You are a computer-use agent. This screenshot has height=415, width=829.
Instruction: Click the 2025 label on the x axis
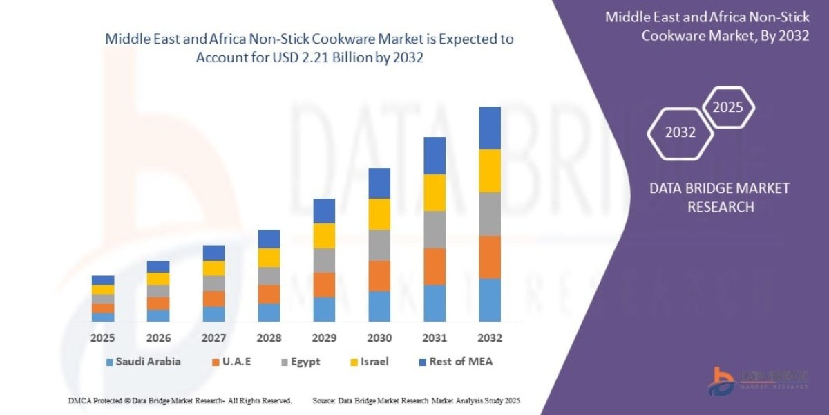[102, 338]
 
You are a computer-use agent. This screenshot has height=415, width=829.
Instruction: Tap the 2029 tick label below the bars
[324, 338]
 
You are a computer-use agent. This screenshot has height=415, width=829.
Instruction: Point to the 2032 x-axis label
[489, 338]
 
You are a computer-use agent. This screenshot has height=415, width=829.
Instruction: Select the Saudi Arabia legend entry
[143, 362]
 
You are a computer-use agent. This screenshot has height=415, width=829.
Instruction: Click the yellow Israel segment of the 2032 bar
[489, 171]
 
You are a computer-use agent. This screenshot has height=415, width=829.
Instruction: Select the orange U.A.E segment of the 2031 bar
[434, 266]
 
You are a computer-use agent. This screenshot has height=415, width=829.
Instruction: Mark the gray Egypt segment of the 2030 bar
[379, 245]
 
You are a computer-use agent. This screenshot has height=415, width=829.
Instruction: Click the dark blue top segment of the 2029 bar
[324, 210]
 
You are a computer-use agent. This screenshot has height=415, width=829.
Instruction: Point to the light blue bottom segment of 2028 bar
[269, 313]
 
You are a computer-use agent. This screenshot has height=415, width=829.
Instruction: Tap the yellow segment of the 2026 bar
[158, 279]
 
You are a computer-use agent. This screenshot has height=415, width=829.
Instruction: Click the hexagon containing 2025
[727, 108]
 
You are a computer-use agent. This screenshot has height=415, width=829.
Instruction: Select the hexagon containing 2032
[680, 133]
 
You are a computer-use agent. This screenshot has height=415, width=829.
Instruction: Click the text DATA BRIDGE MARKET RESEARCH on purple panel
[720, 197]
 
